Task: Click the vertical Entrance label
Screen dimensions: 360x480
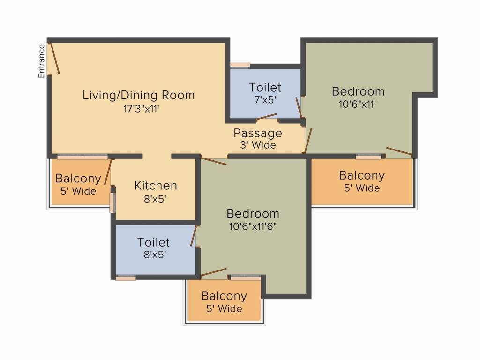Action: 42,60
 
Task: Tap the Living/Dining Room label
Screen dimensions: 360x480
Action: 138,95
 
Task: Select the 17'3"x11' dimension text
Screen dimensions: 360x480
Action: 138,109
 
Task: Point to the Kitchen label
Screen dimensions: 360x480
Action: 156,186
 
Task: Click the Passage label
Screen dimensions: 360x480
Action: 258,133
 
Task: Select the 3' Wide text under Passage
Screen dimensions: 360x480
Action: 258,145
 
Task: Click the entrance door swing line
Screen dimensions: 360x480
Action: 54,59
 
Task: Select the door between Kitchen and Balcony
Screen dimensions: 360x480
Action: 108,172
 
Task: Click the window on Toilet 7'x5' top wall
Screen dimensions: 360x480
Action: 240,66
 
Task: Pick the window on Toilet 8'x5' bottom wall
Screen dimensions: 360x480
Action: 126,278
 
